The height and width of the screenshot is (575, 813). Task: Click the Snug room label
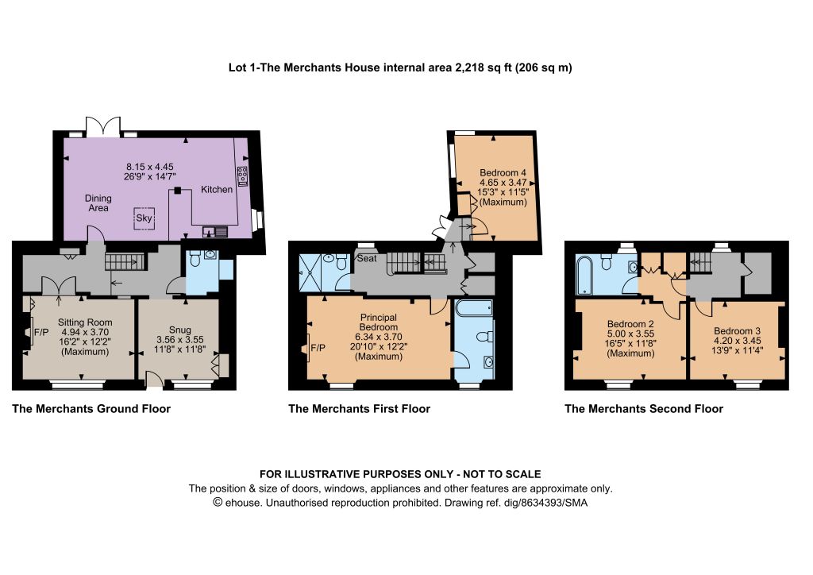click(x=180, y=330)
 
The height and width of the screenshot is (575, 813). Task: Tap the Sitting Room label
click(x=85, y=322)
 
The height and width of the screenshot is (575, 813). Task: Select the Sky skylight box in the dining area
click(x=144, y=218)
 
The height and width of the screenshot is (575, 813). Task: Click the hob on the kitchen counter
click(x=241, y=176)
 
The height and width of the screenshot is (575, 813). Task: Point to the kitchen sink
click(x=215, y=232)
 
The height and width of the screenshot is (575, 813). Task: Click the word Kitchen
click(x=217, y=190)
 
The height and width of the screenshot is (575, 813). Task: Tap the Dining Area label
click(x=98, y=203)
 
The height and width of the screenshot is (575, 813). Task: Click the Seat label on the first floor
click(x=367, y=258)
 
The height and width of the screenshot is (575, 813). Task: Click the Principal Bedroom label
click(x=379, y=322)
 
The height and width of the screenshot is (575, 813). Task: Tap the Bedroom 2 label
click(x=630, y=324)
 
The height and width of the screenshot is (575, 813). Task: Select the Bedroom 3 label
click(x=737, y=331)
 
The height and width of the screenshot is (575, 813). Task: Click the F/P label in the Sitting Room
click(x=41, y=332)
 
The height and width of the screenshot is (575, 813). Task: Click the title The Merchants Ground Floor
click(x=91, y=408)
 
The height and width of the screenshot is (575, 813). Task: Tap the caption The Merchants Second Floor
click(x=643, y=408)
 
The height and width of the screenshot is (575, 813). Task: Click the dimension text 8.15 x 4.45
click(x=150, y=167)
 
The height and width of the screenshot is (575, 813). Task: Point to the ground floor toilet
click(x=195, y=258)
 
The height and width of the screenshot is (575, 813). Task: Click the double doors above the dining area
click(x=103, y=126)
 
